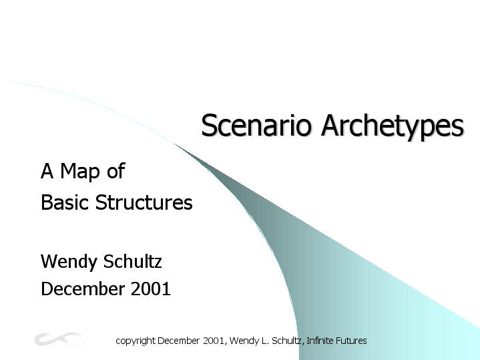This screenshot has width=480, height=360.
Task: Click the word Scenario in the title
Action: click(256, 125)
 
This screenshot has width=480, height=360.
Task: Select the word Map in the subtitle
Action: click(80, 171)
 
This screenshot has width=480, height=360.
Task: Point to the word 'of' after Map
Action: click(116, 170)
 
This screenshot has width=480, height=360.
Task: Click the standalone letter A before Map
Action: click(47, 171)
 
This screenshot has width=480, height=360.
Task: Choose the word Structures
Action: click(144, 202)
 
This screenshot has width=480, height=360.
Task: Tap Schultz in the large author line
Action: click(133, 261)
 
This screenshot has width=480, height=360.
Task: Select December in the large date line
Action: click(83, 289)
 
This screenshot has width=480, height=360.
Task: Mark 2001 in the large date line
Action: click(151, 289)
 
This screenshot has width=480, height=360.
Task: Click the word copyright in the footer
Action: click(136, 341)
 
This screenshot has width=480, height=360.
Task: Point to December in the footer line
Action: click(178, 341)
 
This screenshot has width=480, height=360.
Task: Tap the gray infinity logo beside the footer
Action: click(58, 339)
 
